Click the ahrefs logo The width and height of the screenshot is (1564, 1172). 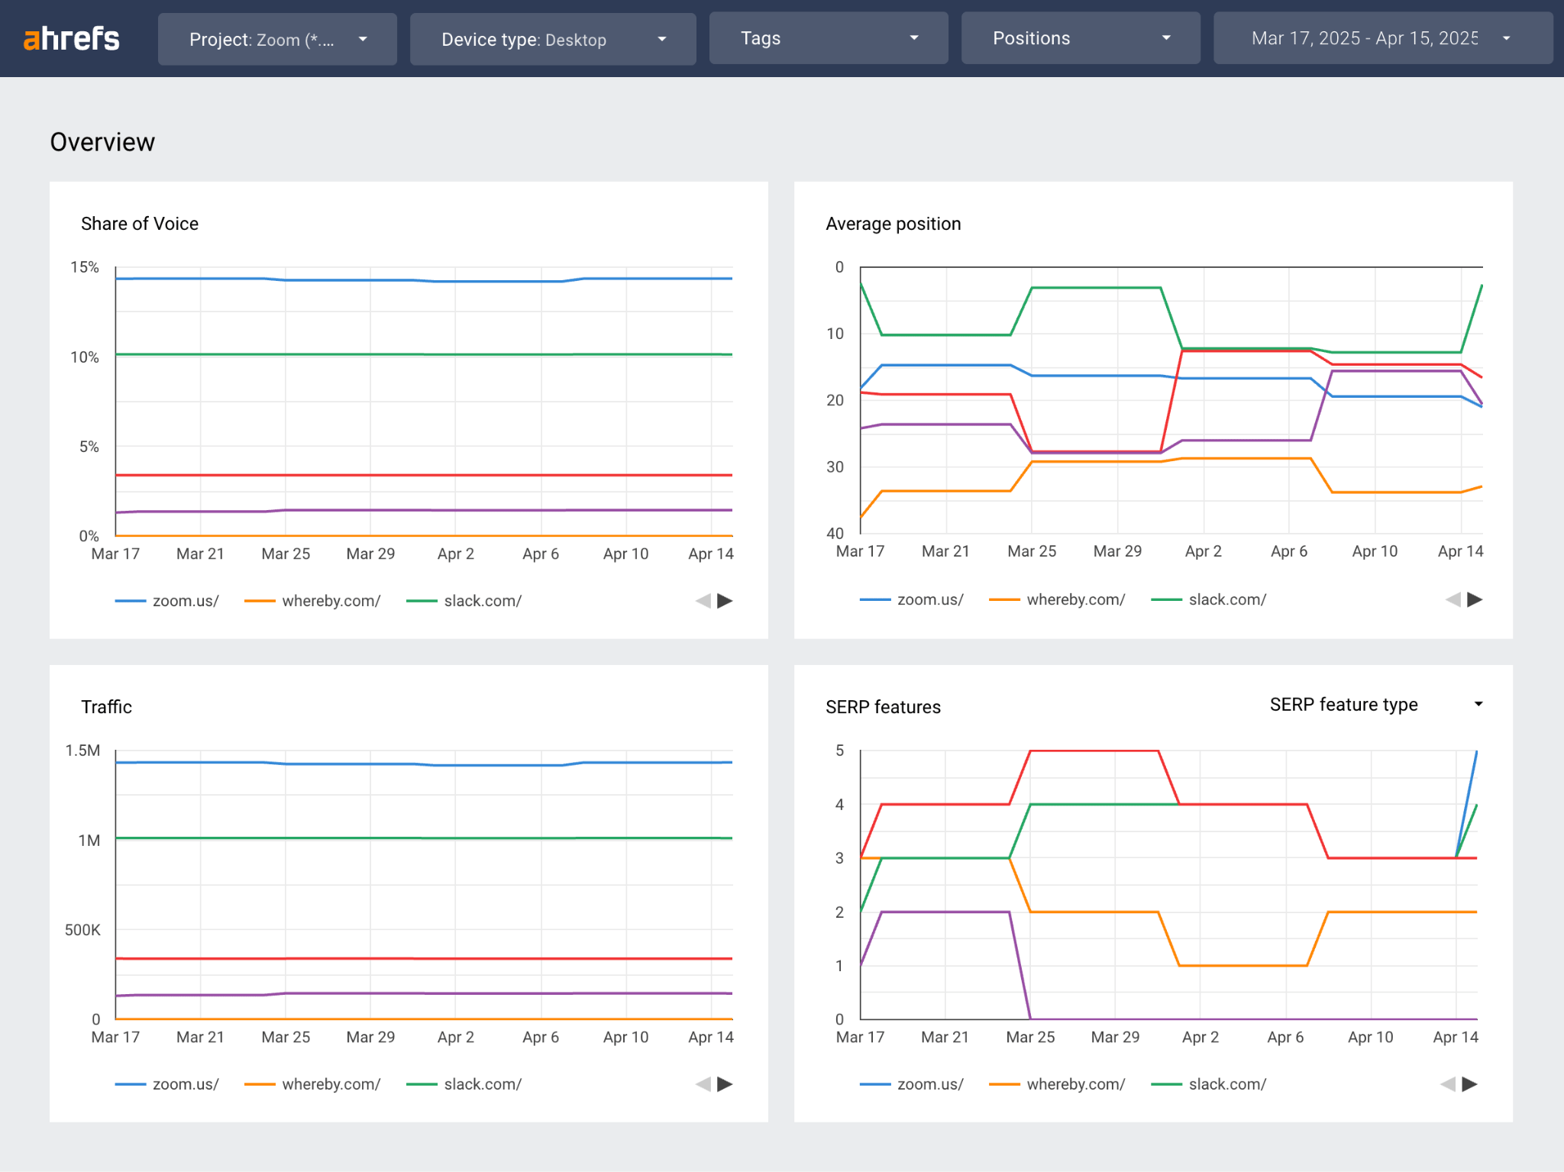click(72, 38)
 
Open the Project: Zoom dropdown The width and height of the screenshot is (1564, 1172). click(277, 39)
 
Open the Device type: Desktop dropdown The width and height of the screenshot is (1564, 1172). click(553, 39)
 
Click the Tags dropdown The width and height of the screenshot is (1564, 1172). click(829, 38)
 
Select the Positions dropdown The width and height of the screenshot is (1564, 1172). click(1081, 38)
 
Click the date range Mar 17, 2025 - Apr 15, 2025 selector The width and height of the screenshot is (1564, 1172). click(1382, 38)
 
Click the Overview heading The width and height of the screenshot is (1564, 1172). click(102, 142)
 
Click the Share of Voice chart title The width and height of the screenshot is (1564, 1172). click(140, 224)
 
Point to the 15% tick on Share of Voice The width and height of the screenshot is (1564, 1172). click(85, 267)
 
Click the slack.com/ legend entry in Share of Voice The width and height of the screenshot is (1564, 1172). click(482, 601)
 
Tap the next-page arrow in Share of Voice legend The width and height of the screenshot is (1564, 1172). click(725, 601)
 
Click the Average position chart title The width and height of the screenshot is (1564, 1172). click(893, 224)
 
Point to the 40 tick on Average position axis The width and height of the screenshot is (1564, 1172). click(835, 533)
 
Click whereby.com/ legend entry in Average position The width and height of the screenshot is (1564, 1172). click(1074, 599)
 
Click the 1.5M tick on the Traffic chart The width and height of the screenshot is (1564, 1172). click(82, 751)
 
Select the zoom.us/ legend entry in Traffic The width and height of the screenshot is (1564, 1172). click(185, 1084)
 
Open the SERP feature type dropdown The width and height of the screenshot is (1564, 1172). click(1375, 705)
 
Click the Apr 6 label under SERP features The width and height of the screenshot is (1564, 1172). click(1285, 1037)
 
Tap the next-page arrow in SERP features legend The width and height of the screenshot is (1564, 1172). click(1469, 1084)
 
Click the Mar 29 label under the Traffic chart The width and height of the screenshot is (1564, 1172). click(370, 1037)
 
